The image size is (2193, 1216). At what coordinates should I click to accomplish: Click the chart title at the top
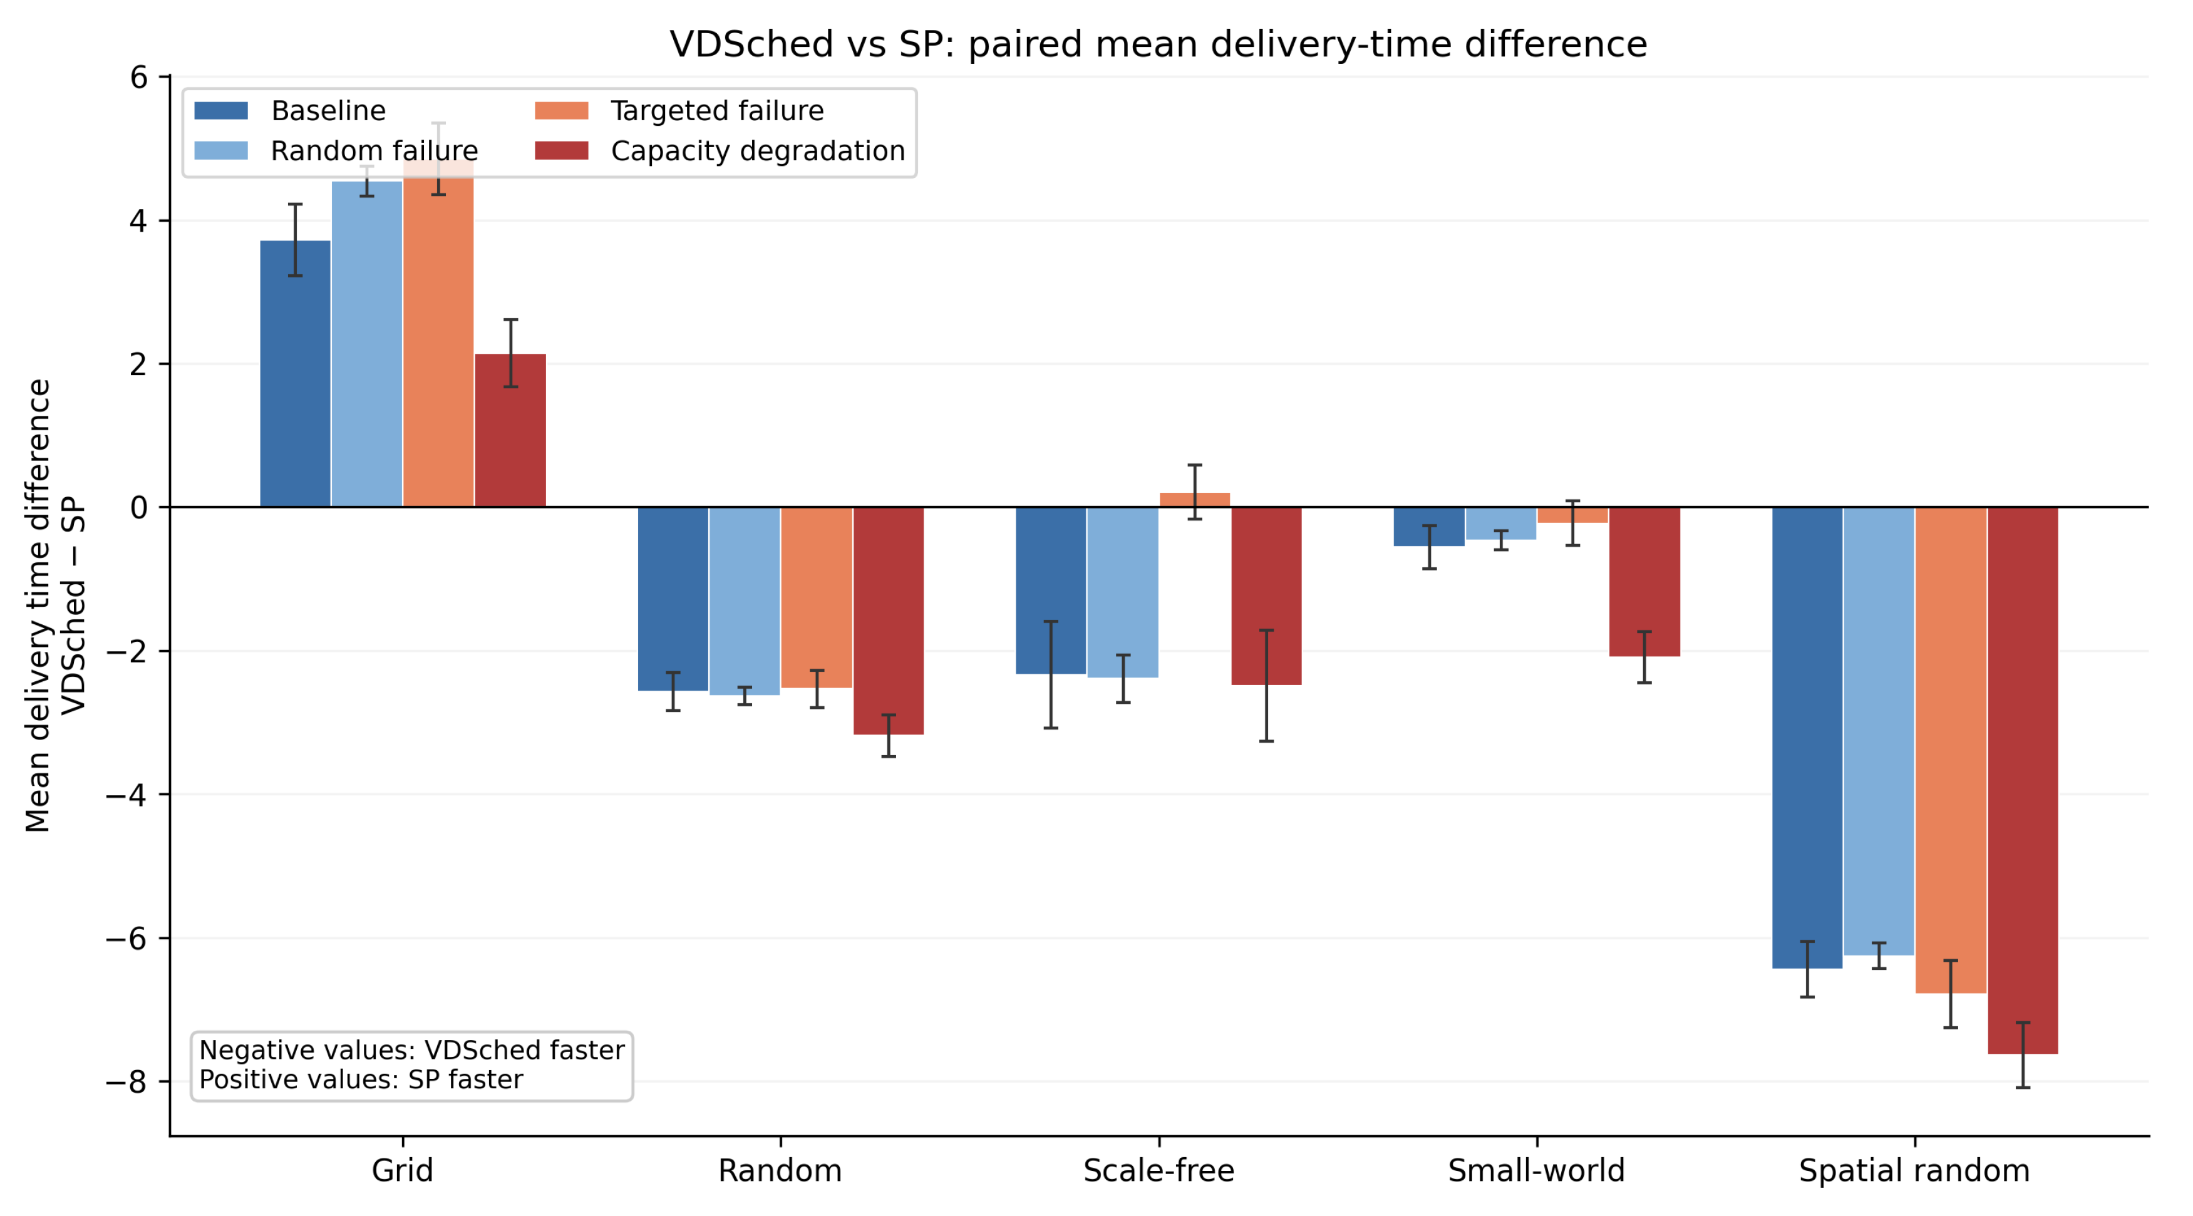[1158, 44]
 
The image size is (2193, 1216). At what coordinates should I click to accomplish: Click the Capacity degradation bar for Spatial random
[2023, 781]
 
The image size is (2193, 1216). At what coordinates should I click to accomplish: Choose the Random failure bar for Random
[745, 601]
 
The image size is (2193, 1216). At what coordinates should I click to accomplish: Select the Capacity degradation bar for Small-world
[1644, 582]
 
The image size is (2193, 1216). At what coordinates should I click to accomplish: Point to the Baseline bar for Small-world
[1430, 526]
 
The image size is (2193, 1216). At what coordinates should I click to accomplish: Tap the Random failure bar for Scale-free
[1123, 593]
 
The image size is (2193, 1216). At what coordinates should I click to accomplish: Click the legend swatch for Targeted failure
[561, 111]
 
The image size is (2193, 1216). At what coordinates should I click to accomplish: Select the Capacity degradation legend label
[758, 151]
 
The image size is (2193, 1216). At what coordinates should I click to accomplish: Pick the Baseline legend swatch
[221, 111]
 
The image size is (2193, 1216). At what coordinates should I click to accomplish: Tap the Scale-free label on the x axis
[1158, 1171]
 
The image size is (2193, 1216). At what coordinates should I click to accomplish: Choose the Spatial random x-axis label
[1914, 1171]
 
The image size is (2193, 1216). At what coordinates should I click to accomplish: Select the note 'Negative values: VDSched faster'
[412, 1050]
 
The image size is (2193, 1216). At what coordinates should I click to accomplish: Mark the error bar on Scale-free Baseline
[1051, 674]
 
